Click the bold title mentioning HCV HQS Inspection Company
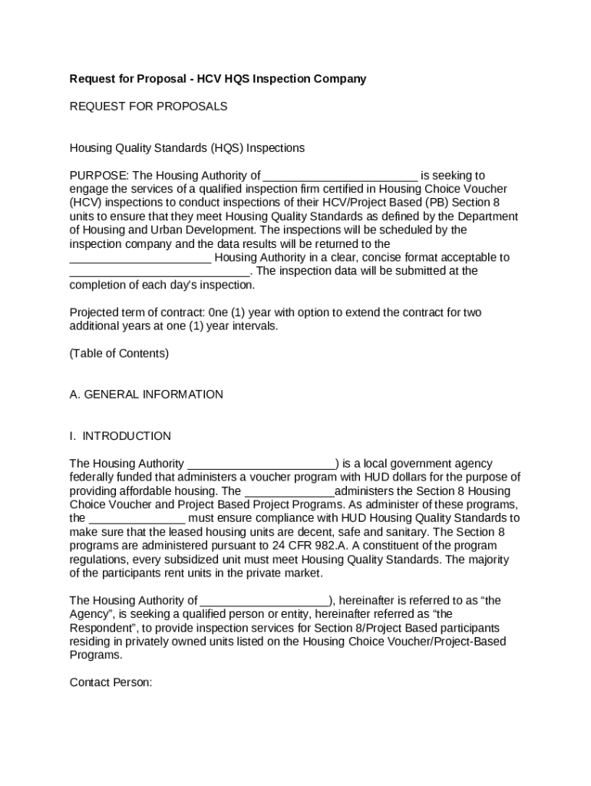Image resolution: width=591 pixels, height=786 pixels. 218,79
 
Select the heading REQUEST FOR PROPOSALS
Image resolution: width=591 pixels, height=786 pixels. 148,107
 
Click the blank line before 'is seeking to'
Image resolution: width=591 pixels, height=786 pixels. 340,176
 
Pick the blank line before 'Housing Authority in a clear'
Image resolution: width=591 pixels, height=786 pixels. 140,258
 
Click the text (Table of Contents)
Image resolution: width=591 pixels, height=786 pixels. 119,354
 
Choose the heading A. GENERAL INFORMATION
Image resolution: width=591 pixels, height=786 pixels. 146,395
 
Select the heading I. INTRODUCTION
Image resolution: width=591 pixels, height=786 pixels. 120,436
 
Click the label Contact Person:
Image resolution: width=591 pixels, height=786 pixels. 111,682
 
